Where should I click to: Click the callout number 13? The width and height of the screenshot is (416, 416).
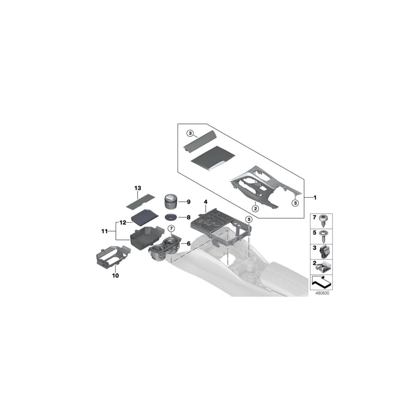137,188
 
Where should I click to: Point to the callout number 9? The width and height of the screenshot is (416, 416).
189,202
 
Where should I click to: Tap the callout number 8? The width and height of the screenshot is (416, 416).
189,217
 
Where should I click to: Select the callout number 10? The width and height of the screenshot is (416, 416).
116,275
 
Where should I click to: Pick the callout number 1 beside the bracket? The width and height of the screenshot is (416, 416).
315,198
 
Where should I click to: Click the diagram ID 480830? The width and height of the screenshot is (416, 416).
322,293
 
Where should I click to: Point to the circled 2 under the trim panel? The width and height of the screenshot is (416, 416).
255,208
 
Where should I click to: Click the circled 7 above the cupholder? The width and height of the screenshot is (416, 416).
171,228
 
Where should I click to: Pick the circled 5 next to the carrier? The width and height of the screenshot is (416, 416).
249,219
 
